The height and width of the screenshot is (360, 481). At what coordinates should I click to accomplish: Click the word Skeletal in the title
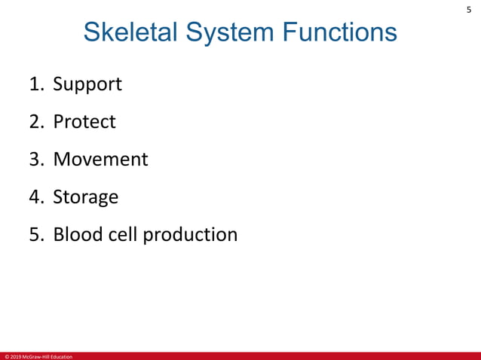132,32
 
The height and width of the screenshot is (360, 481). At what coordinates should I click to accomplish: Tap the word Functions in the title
339,32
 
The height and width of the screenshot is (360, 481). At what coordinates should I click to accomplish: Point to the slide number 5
468,10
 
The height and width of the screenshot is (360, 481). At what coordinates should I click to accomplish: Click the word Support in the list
87,84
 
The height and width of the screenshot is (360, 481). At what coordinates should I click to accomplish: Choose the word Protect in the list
84,121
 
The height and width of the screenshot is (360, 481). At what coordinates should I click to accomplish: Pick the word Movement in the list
100,159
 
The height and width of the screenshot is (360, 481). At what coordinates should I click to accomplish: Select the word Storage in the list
85,197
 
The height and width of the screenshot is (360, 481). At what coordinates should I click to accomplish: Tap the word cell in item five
124,234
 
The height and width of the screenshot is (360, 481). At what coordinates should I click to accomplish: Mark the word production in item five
190,235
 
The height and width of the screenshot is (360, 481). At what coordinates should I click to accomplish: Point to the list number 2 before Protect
35,121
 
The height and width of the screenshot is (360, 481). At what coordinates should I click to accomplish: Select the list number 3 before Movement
35,159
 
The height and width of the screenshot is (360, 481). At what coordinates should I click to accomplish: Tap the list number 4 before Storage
35,197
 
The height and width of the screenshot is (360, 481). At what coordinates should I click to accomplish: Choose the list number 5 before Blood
35,234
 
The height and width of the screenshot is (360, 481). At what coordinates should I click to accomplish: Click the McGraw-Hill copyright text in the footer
38,356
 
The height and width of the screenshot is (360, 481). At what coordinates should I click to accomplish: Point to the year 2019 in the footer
14,356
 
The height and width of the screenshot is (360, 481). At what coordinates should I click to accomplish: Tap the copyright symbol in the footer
5,356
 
